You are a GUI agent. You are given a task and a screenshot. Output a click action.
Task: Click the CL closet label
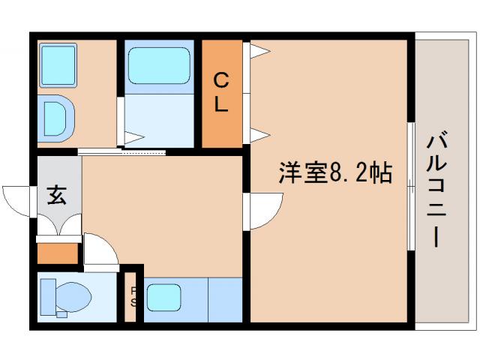pyautogui.click(x=220, y=91)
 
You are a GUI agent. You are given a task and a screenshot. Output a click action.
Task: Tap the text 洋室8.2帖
pyautogui.click(x=336, y=173)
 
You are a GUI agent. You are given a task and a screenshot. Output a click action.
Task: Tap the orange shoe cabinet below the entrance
pyautogui.click(x=58, y=253)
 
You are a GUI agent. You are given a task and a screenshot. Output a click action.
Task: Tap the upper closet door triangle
pyautogui.click(x=258, y=51)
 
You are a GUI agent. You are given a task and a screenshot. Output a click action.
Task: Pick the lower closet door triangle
pyautogui.click(x=258, y=135)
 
